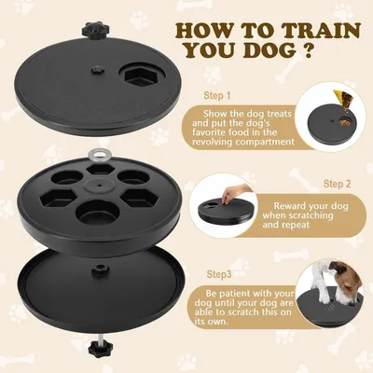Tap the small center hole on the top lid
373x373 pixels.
[97, 68]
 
